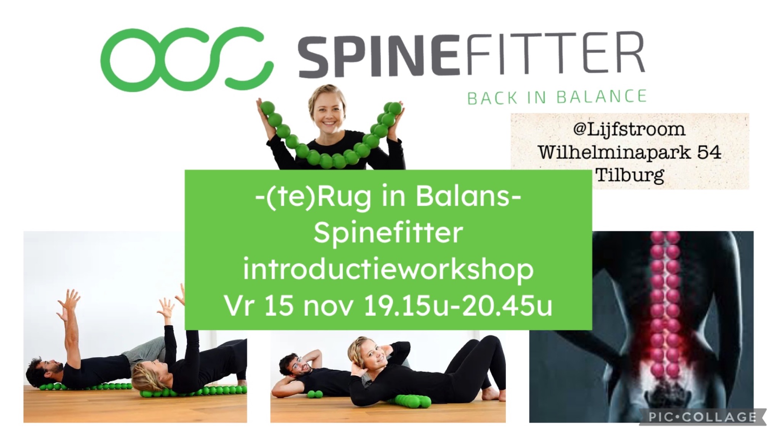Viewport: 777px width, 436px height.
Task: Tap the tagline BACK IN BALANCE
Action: pos(557,97)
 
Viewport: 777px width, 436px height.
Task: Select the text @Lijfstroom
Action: pos(629,129)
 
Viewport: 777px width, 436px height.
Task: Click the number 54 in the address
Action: pos(709,153)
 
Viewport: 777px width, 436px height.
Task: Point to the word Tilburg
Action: pos(630,175)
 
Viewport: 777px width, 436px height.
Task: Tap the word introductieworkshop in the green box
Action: pos(388,270)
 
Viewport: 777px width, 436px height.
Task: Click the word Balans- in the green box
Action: pos(468,197)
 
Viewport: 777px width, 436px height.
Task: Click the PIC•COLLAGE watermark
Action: pos(703,417)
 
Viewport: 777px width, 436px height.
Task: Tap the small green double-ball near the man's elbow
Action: pos(315,395)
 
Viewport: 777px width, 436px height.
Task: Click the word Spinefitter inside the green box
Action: pos(388,233)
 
